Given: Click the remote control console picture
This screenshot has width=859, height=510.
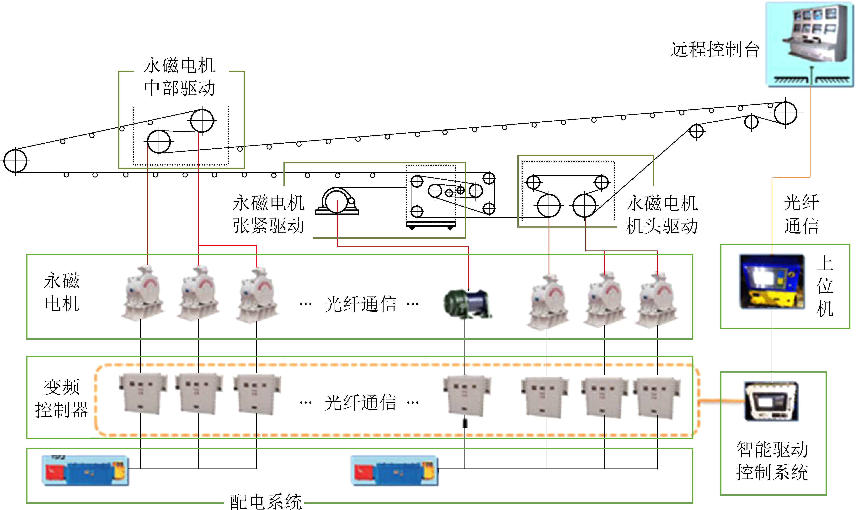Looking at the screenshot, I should pyautogui.click(x=810, y=44).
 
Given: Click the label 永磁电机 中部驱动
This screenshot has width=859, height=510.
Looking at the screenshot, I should pyautogui.click(x=180, y=77).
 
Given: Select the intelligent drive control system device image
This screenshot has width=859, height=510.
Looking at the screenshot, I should pyautogui.click(x=771, y=401).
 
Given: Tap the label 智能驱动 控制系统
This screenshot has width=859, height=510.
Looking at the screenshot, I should pyautogui.click(x=772, y=461).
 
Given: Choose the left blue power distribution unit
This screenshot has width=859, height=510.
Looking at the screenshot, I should pyautogui.click(x=85, y=470).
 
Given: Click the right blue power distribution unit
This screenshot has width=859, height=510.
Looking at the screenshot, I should pyautogui.click(x=394, y=470).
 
